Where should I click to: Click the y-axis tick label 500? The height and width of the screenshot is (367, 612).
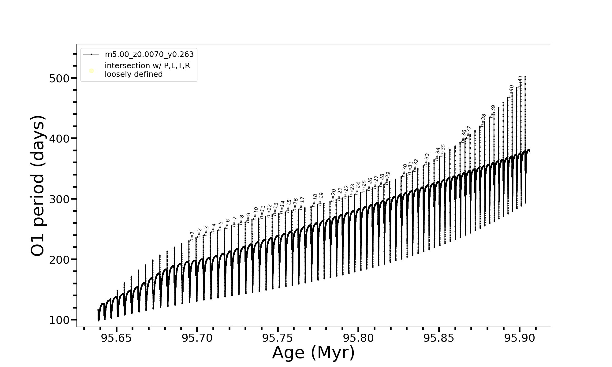pos(59,79)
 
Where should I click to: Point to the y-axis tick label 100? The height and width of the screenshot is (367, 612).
pos(59,320)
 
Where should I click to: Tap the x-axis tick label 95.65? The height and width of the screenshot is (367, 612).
pos(116,338)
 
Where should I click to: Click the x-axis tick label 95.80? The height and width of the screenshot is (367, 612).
pos(358,338)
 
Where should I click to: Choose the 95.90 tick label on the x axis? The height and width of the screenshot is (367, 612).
pos(520,338)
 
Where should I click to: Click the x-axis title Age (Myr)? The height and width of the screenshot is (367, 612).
pos(313,353)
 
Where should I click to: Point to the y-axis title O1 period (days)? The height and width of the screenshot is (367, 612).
pos(38,186)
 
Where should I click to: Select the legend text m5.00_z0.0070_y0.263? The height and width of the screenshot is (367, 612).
pos(149,54)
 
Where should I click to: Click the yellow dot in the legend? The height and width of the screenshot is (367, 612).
pos(91,71)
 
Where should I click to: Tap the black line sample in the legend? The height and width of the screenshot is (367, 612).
pos(91,54)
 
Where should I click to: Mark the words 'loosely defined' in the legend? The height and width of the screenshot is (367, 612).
pos(133,74)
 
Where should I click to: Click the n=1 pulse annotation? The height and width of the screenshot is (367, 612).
pos(192,236)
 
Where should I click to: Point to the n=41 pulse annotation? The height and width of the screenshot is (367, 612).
pos(520,82)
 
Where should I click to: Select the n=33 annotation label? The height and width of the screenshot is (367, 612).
pos(427,160)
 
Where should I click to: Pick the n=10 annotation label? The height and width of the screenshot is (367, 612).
pos(255,213)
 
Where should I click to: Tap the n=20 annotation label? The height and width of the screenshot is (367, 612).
pos(333,195)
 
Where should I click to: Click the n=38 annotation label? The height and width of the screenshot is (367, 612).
pos(483,120)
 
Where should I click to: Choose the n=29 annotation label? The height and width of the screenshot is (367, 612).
pos(387,178)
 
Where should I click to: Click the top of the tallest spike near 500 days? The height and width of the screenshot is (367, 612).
pos(525,76)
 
